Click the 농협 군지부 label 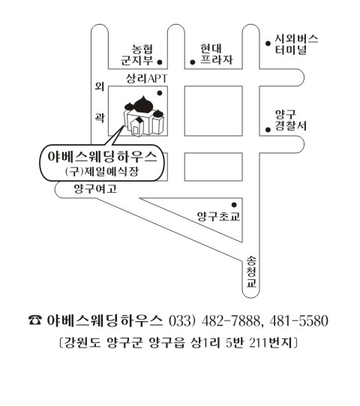pyautogui.click(x=137, y=55)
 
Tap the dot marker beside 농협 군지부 pyautogui.click(x=160, y=62)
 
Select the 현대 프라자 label pyautogui.click(x=216, y=54)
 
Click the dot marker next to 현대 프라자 pyautogui.click(x=193, y=62)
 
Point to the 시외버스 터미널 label pyautogui.click(x=296, y=44)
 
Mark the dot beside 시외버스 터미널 pyautogui.click(x=268, y=44)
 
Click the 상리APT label pyautogui.click(x=146, y=78)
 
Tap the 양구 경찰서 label pyautogui.click(x=290, y=120)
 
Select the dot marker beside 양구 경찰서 pyautogui.click(x=268, y=130)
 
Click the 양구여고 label pyautogui.click(x=95, y=189)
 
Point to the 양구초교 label pyautogui.click(x=218, y=216)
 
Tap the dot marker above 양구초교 pyautogui.click(x=234, y=205)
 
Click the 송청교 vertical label pyautogui.click(x=251, y=272)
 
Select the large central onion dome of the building pyautogui.click(x=142, y=104)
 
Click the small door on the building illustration pyautogui.click(x=135, y=130)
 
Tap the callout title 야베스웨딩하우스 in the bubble pyautogui.click(x=102, y=157)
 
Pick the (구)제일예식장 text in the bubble pyautogui.click(x=102, y=171)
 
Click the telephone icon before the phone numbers pyautogui.click(x=34, y=320)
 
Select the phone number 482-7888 pyautogui.click(x=231, y=320)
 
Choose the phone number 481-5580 pyautogui.click(x=299, y=320)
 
